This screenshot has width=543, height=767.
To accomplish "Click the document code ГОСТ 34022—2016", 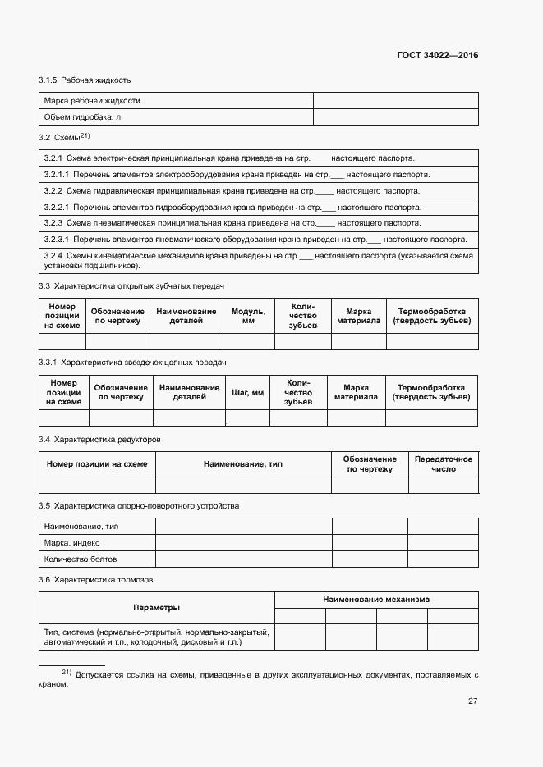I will click(437, 56).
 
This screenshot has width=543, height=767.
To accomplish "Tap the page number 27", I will click(472, 701).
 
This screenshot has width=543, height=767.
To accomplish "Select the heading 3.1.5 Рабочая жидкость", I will click(85, 80).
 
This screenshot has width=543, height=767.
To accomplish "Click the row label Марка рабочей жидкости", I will click(92, 100).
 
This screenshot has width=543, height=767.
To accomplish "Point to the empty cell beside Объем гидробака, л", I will click(395, 117).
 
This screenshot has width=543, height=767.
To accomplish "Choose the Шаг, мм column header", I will click(248, 393).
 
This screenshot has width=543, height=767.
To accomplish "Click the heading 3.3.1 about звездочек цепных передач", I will click(132, 362).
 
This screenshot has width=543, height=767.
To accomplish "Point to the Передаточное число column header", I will click(444, 464).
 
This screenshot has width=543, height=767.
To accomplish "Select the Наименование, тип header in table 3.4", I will click(243, 464).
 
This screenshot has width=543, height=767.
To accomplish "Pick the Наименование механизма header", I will click(375, 600).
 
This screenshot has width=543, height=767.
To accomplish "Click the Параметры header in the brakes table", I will click(157, 608).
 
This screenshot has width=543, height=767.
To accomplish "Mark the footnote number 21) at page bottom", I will click(67, 673).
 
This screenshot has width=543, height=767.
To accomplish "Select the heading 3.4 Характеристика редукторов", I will click(105, 440).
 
